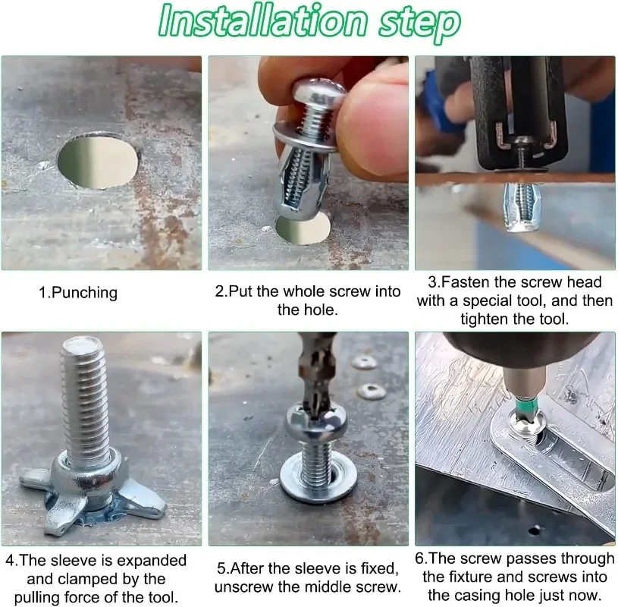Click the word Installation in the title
tap(262, 20)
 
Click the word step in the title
tap(419, 23)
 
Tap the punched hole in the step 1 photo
tap(98, 161)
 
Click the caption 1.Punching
tap(78, 293)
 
